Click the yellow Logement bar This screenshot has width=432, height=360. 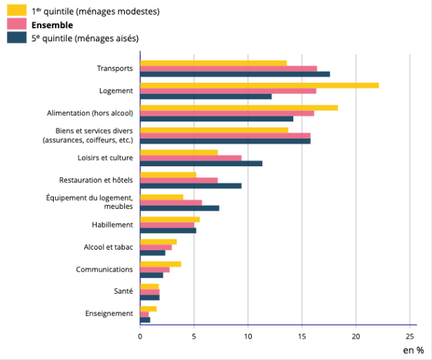tap(259, 86)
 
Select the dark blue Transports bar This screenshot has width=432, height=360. tap(235, 74)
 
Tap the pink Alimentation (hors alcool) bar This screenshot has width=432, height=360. tap(227, 113)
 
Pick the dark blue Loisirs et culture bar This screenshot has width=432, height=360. tap(201, 163)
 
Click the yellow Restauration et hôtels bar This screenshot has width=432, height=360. tap(168, 174)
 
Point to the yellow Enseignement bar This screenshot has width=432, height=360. tap(148, 308)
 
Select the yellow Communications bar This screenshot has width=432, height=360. tap(160, 263)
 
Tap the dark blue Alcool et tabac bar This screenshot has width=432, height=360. tap(153, 252)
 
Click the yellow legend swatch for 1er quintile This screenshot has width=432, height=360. tap(17, 11)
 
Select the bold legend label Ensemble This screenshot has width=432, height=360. tap(52, 25)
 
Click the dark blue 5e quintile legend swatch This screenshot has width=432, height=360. tap(17, 38)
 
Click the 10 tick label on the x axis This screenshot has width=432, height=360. tap(248, 336)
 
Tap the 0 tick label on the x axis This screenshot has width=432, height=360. tap(140, 336)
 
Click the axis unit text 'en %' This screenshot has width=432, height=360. tap(413, 350)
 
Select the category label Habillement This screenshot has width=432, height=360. tap(112, 225)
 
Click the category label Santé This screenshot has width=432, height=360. tap(124, 292)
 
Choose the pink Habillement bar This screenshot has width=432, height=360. tap(167, 225)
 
